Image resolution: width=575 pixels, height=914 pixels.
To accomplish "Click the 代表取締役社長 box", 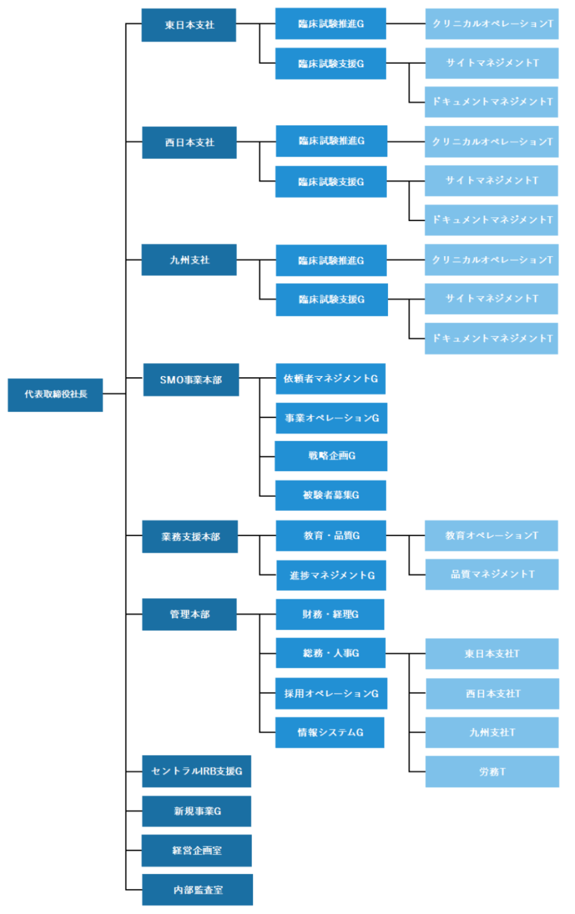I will (x=55, y=395).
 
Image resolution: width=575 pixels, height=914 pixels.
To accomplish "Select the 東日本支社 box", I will (x=188, y=25).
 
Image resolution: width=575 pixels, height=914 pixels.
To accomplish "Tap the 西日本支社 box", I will (x=189, y=143).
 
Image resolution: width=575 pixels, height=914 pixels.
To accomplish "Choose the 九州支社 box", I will (x=189, y=260).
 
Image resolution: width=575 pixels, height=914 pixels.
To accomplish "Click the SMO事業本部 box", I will (x=191, y=380).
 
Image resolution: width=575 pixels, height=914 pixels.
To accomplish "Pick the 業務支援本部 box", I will (x=190, y=537).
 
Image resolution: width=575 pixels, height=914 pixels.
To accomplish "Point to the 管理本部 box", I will (x=189, y=614).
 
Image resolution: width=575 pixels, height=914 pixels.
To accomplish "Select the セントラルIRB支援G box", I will (x=196, y=771).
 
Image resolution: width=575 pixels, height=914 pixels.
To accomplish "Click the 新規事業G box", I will (x=196, y=812).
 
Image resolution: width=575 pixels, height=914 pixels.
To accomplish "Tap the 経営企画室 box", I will (x=196, y=851).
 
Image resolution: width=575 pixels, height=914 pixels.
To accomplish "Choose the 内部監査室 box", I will (x=197, y=890).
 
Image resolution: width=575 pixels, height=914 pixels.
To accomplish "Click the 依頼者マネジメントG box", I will (x=331, y=379).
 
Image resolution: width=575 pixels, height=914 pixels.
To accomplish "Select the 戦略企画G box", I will (x=331, y=456).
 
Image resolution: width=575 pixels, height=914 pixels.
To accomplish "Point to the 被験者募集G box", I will (x=331, y=496).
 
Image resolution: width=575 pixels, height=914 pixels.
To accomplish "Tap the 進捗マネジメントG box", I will (x=331, y=575).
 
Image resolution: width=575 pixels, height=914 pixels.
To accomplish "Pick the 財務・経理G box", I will (x=330, y=614).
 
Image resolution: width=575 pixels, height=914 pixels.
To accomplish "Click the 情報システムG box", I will (x=329, y=733).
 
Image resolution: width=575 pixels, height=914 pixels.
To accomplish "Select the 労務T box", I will (x=492, y=772).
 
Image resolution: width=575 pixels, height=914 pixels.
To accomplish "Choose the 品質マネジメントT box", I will (x=492, y=574).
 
